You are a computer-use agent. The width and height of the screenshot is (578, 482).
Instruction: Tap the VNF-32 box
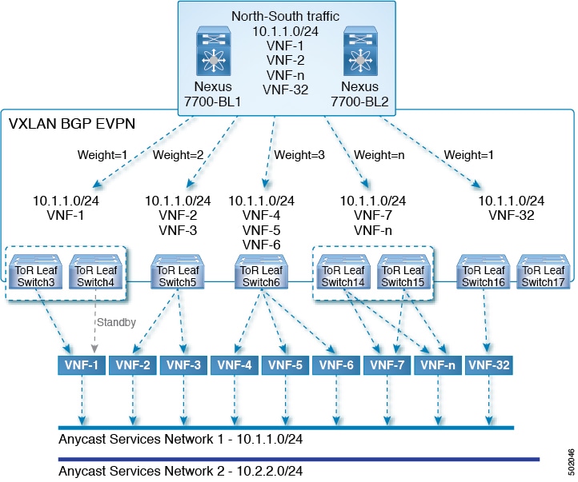(x=489, y=365)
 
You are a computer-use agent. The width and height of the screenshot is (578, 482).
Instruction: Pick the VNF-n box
(x=438, y=365)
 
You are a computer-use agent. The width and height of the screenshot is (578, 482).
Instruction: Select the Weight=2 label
(x=180, y=153)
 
